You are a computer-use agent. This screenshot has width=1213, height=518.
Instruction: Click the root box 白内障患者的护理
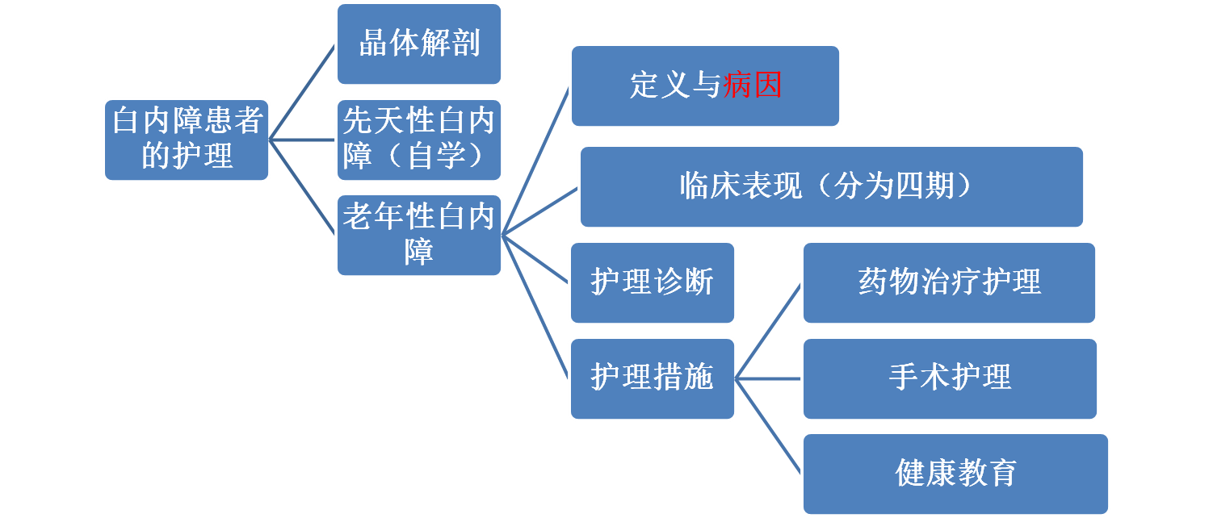(x=187, y=140)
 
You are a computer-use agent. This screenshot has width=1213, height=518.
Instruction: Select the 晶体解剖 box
(x=419, y=44)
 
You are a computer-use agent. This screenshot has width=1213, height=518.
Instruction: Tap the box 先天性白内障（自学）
(x=419, y=140)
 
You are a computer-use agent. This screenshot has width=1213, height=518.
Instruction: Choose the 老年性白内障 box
(x=419, y=235)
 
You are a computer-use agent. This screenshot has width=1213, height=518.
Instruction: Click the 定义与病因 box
(x=705, y=86)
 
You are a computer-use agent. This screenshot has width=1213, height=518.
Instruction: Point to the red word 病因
(x=753, y=86)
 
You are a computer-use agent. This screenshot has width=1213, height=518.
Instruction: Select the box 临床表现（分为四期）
(x=831, y=186)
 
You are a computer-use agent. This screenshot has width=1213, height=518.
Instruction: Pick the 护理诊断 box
(x=652, y=282)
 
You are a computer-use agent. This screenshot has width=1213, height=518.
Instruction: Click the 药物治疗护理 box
(x=949, y=282)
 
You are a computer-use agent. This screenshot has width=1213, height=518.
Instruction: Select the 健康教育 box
(x=955, y=474)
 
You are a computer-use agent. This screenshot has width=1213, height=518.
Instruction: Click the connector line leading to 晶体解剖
(x=303, y=91)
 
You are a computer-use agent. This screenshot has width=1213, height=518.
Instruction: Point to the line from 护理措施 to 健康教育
(x=768, y=426)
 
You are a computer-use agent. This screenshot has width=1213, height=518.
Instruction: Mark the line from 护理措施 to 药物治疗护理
(x=768, y=331)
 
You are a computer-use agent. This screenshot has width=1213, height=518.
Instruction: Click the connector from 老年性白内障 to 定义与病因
(x=535, y=161)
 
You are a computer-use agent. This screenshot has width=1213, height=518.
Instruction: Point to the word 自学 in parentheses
(x=441, y=155)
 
